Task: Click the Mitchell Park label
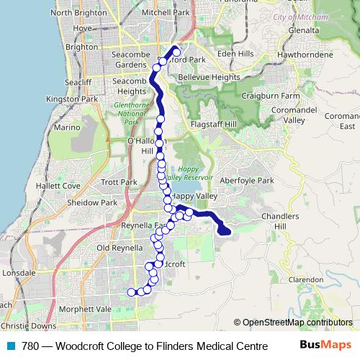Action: [x=167, y=13]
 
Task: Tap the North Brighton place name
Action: [x=80, y=13]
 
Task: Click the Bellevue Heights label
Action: [x=209, y=77]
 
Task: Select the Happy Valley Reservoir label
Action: [x=189, y=173]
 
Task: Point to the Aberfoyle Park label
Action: [x=248, y=180]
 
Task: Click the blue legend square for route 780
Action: [x=11, y=346]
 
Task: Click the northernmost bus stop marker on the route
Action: [x=176, y=52]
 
